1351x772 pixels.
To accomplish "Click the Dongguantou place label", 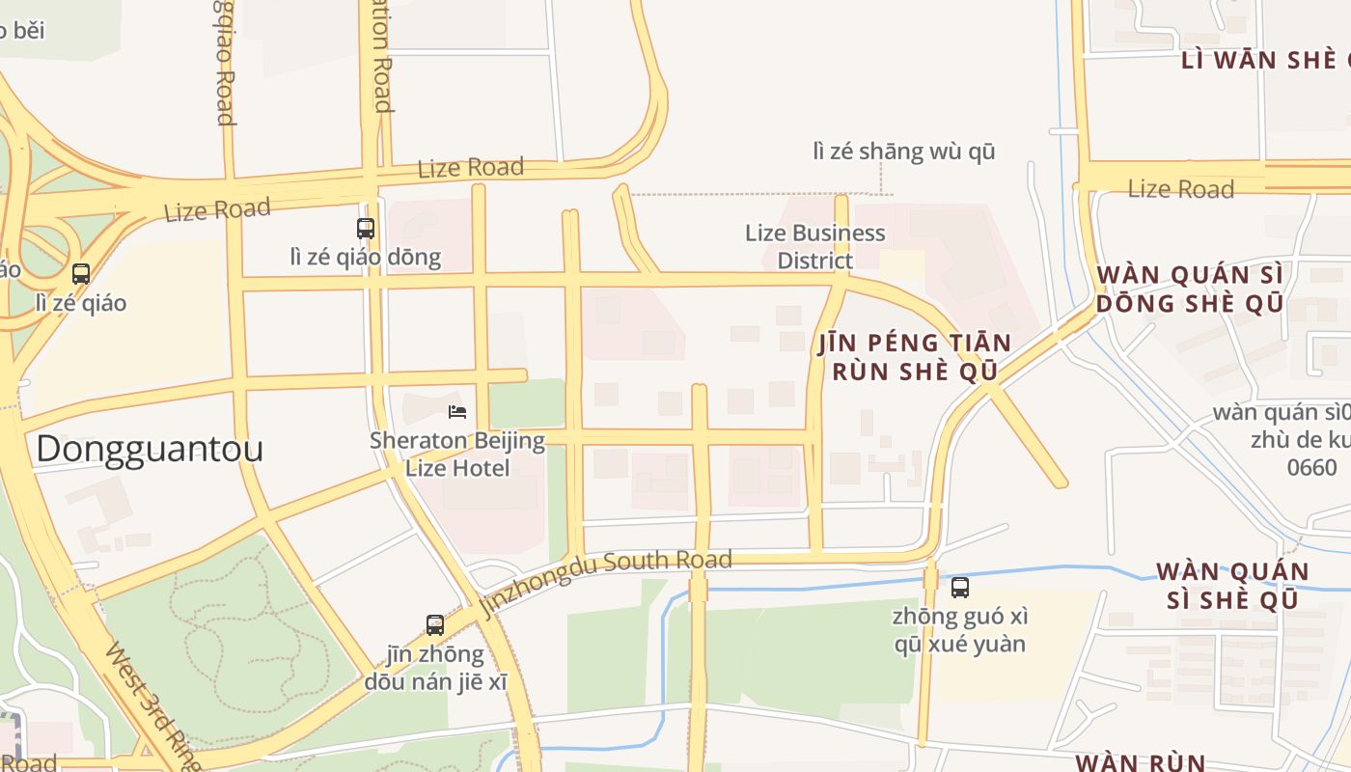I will pyautogui.click(x=150, y=450).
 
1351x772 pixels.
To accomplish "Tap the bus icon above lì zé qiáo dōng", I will pyautogui.click(x=366, y=229).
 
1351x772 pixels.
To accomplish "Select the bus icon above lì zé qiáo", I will pyautogui.click(x=81, y=274).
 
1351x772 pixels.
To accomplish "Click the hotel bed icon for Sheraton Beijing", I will pyautogui.click(x=457, y=412).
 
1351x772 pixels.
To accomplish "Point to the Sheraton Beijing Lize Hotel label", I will pyautogui.click(x=457, y=455).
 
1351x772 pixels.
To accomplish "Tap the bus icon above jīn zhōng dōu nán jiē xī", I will pyautogui.click(x=435, y=624).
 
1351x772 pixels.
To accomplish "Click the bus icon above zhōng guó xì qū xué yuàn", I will pyautogui.click(x=959, y=588).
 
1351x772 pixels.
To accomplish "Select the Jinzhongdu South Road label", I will pyautogui.click(x=606, y=579).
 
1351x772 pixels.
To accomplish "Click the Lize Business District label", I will pyautogui.click(x=815, y=246).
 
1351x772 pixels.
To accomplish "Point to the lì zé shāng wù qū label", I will pyautogui.click(x=903, y=152).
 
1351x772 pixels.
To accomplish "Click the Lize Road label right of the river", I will pyautogui.click(x=1180, y=189).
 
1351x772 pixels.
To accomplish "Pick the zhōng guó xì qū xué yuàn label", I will pyautogui.click(x=959, y=629).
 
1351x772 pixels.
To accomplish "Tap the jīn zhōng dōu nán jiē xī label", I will pyautogui.click(x=435, y=668).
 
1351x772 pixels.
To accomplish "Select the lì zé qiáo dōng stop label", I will pyautogui.click(x=366, y=257).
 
